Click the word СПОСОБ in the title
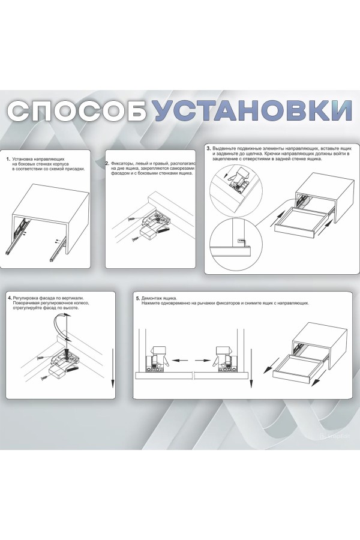(77, 112)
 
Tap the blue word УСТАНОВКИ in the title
(249, 112)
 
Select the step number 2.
(107, 163)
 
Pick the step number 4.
(10, 298)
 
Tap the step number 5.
(138, 298)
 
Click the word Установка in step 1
(25, 159)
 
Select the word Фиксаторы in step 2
(123, 163)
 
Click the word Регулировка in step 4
(28, 298)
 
